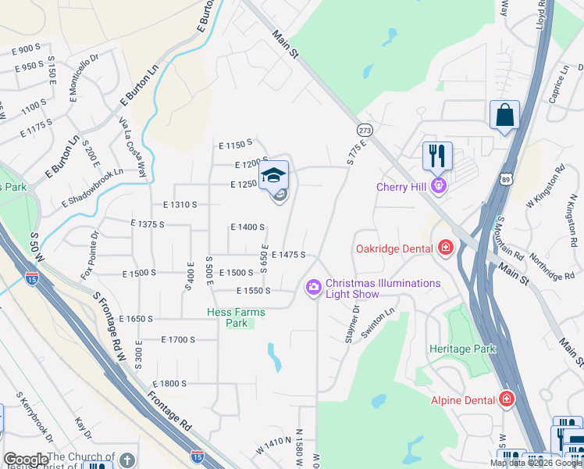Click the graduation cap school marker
[273, 176]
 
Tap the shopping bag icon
[505, 115]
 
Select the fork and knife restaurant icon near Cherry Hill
[437, 155]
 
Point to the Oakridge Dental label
[393, 249]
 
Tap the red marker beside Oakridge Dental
[446, 248]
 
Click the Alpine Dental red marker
[506, 399]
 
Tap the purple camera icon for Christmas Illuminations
[314, 288]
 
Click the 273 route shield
[364, 129]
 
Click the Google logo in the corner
[25, 460]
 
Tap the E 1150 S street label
[235, 144]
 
